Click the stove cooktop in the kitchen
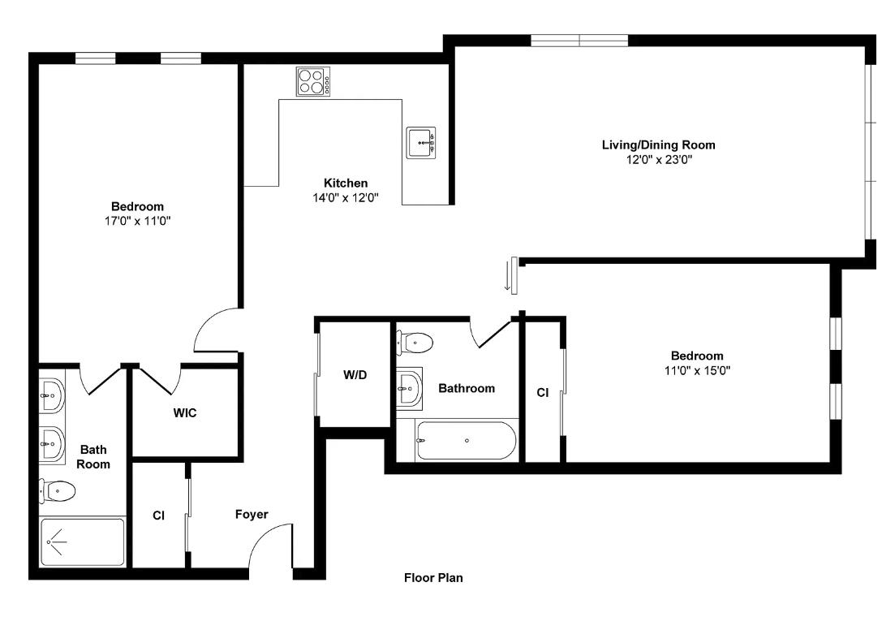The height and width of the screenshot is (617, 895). [313, 82]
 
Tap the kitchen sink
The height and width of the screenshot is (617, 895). [420, 142]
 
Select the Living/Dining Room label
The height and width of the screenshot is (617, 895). [658, 145]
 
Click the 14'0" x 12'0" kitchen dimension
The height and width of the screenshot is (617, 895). [346, 198]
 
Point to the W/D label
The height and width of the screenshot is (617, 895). [355, 375]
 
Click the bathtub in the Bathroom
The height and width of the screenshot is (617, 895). [467, 441]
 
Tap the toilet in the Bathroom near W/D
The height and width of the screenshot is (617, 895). [415, 343]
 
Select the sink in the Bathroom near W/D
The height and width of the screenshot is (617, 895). [409, 389]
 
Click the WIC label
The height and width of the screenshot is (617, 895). [185, 412]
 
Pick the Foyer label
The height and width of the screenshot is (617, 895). [252, 515]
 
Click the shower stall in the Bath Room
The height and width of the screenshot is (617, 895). [82, 541]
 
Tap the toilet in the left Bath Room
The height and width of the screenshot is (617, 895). [57, 490]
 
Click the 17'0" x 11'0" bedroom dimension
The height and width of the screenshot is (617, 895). [138, 221]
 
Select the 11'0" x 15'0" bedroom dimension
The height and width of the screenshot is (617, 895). [697, 370]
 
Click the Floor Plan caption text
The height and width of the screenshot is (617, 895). [433, 577]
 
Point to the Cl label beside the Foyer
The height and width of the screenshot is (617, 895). [158, 516]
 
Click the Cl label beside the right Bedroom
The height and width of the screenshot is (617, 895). [542, 392]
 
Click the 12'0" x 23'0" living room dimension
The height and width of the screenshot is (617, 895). [659, 160]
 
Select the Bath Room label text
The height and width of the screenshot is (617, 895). [93, 457]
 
